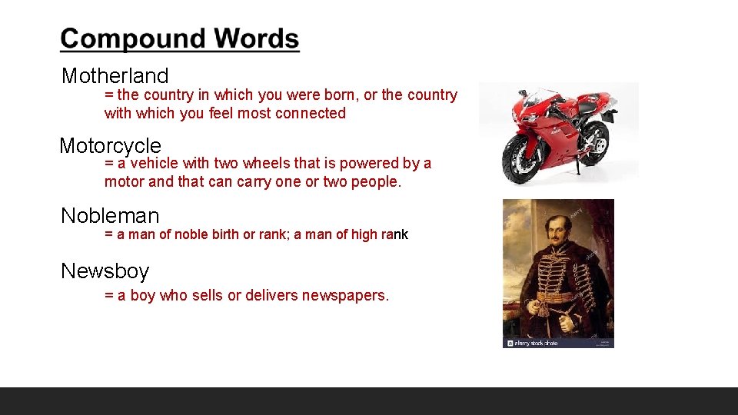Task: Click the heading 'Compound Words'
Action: [180, 39]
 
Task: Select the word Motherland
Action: [115, 76]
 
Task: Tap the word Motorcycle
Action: [110, 145]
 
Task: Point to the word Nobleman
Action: [110, 216]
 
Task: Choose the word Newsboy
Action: [105, 271]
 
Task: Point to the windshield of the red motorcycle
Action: [538, 96]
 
